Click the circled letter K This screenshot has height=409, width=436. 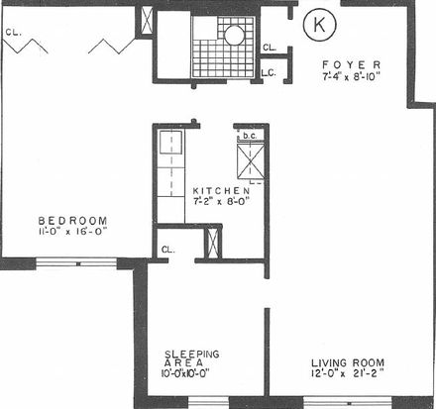(x=319, y=25)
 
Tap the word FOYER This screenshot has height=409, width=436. (x=352, y=64)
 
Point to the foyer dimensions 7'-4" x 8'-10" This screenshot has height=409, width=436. (x=352, y=76)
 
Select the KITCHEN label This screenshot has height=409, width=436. (x=221, y=191)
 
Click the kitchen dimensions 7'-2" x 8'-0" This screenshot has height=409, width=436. (x=221, y=201)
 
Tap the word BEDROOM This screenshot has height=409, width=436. (x=72, y=221)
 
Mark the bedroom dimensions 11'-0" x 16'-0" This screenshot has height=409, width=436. (x=72, y=231)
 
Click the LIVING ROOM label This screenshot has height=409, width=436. (x=348, y=363)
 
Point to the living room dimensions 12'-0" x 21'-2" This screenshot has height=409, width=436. (x=348, y=373)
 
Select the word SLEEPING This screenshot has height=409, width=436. (x=192, y=355)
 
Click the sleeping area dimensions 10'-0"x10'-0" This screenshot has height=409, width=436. (x=185, y=373)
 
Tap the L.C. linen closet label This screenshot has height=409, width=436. (x=269, y=73)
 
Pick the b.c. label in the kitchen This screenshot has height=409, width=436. (x=250, y=136)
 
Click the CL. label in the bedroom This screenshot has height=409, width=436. (x=14, y=33)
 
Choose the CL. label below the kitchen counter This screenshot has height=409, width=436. (x=168, y=250)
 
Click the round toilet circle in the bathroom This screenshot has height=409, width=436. (x=235, y=35)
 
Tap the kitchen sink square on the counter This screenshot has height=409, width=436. (x=170, y=142)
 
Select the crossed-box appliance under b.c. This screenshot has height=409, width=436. (x=251, y=161)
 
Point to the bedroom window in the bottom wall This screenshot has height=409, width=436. (x=76, y=263)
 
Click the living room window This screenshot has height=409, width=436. (x=348, y=403)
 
